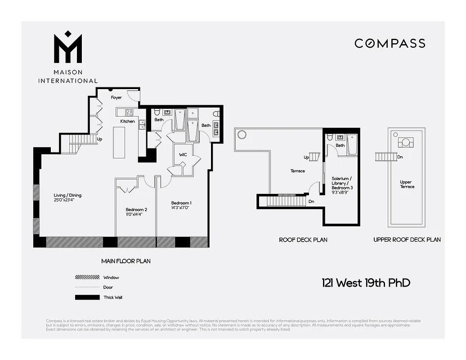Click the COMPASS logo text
click(390, 43)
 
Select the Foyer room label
click(116, 98)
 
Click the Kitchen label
click(127, 121)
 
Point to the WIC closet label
click(183, 155)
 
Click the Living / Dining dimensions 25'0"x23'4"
click(67, 201)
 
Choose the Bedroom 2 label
click(136, 210)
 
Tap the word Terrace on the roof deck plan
click(297, 171)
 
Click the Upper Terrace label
click(407, 184)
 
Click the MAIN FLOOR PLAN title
click(126, 261)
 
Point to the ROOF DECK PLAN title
click(303, 240)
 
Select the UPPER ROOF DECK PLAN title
click(407, 240)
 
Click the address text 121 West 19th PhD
click(366, 283)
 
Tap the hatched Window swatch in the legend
click(87, 278)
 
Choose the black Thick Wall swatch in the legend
click(87, 297)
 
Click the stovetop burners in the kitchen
click(128, 112)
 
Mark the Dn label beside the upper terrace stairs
click(400, 157)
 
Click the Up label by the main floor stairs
click(99, 139)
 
